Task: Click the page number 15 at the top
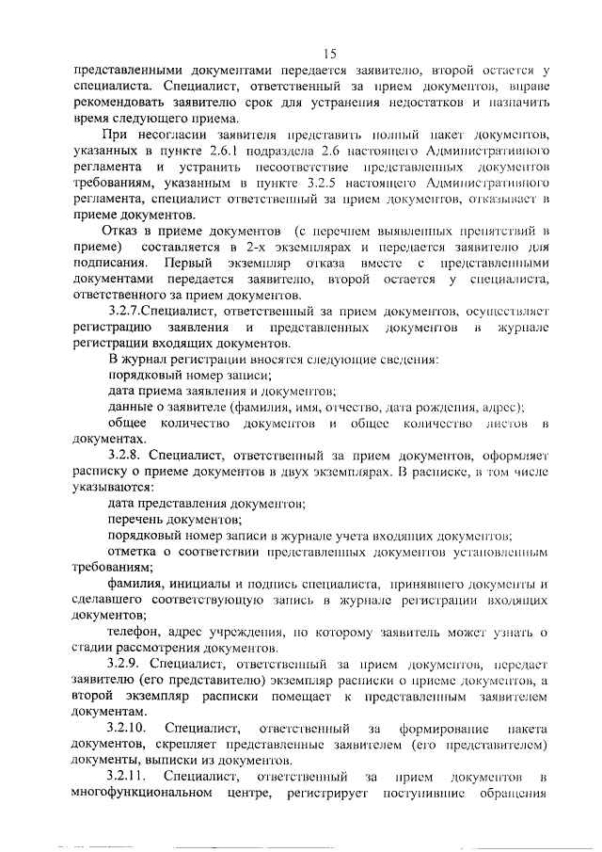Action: tap(329, 53)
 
